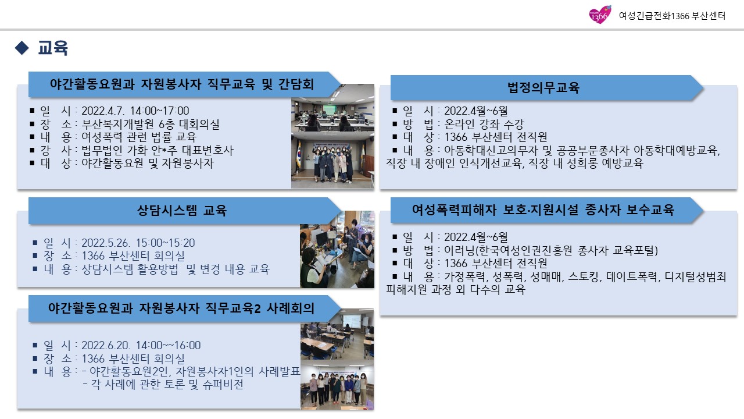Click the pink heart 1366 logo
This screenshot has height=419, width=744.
pyautogui.click(x=600, y=15)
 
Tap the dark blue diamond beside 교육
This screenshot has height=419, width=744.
pyautogui.click(x=22, y=48)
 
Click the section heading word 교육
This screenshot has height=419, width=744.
pyautogui.click(x=53, y=48)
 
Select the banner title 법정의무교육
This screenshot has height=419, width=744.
pyautogui.click(x=543, y=87)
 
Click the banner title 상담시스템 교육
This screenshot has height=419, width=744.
pyautogui.click(x=182, y=210)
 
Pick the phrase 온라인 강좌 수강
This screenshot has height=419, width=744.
pyautogui.click(x=484, y=124)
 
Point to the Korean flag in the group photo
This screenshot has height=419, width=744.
pyautogui.click(x=298, y=154)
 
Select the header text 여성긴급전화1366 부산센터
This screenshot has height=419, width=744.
pyautogui.click(x=672, y=16)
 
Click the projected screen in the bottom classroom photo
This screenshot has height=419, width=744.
pyautogui.click(x=352, y=321)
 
